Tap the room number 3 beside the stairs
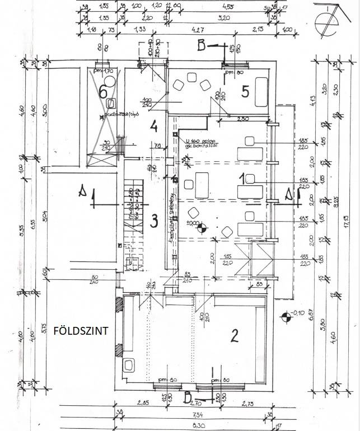(153, 221)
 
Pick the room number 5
(245, 92)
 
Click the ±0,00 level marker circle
(203, 228)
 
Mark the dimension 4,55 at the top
(228, 7)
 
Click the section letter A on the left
(82, 193)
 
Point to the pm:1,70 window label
(104, 71)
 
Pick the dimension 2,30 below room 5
(243, 119)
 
